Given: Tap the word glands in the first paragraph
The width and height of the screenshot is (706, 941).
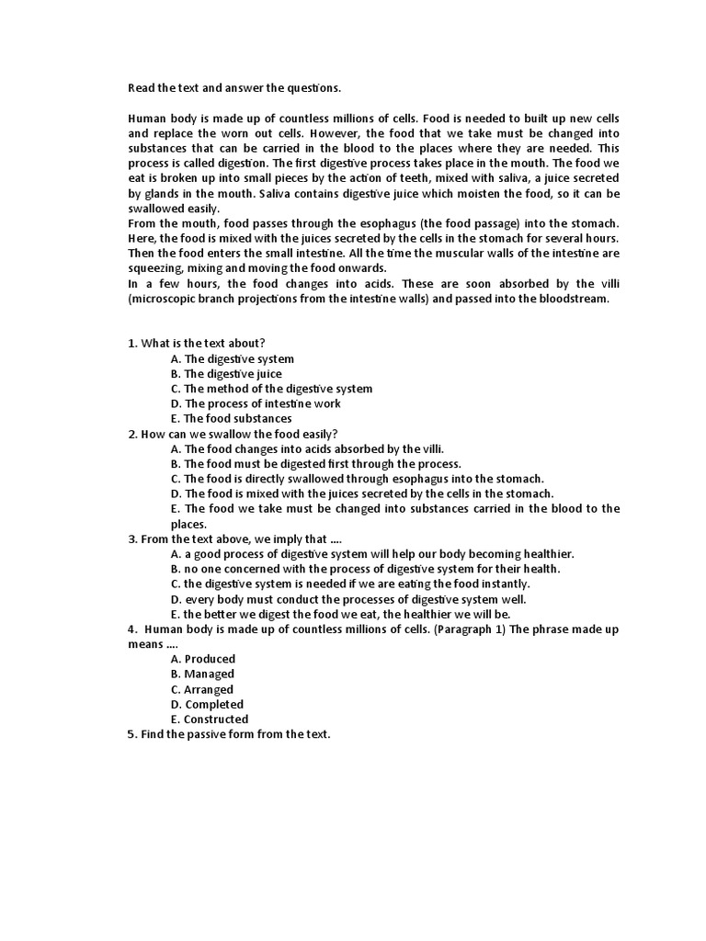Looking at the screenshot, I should tap(164, 193).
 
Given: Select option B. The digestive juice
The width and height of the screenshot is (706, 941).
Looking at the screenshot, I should tap(226, 374).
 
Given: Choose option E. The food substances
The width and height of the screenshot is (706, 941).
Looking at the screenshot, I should tap(232, 418).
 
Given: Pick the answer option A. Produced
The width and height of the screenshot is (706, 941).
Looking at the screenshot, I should tap(203, 659).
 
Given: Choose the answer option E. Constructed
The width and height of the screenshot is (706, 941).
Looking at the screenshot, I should tap(210, 720).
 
